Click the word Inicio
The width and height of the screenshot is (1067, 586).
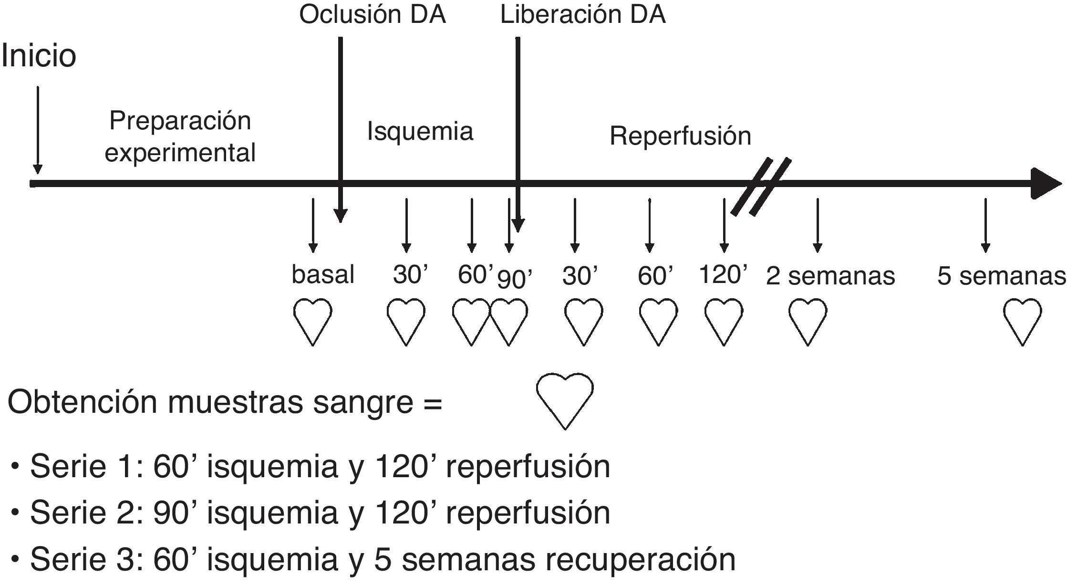pyautogui.click(x=39, y=56)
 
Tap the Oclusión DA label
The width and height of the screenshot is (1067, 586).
pyautogui.click(x=373, y=15)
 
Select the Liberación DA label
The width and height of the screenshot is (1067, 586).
pyautogui.click(x=582, y=15)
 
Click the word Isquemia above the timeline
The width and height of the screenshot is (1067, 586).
pyautogui.click(x=420, y=131)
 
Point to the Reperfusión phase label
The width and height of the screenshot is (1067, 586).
pyautogui.click(x=680, y=136)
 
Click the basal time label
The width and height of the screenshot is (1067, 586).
pyautogui.click(x=323, y=275)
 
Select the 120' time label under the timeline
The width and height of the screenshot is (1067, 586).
pyautogui.click(x=723, y=275)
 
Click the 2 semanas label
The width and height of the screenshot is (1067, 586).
pyautogui.click(x=830, y=276)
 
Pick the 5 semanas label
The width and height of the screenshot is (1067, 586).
pyautogui.click(x=1001, y=276)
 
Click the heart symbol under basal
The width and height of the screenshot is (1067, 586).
pyautogui.click(x=312, y=321)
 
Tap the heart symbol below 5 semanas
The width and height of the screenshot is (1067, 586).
pyautogui.click(x=1022, y=321)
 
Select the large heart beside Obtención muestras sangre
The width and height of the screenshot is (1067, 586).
pyautogui.click(x=565, y=400)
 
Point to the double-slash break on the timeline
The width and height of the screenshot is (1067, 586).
pyautogui.click(x=761, y=186)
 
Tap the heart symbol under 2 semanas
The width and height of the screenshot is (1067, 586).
pyautogui.click(x=808, y=321)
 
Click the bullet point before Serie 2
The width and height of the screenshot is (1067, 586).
pyautogui.click(x=16, y=513)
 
